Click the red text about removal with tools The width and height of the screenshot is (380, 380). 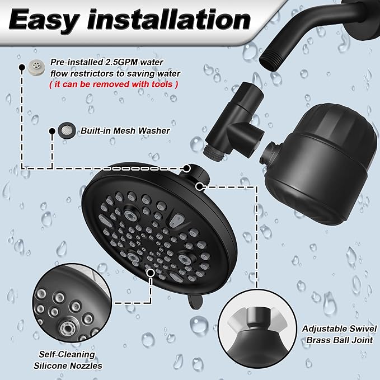point(114,85)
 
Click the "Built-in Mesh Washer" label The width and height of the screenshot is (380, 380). point(125,130)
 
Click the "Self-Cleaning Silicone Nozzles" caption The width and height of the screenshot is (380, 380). point(67,359)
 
